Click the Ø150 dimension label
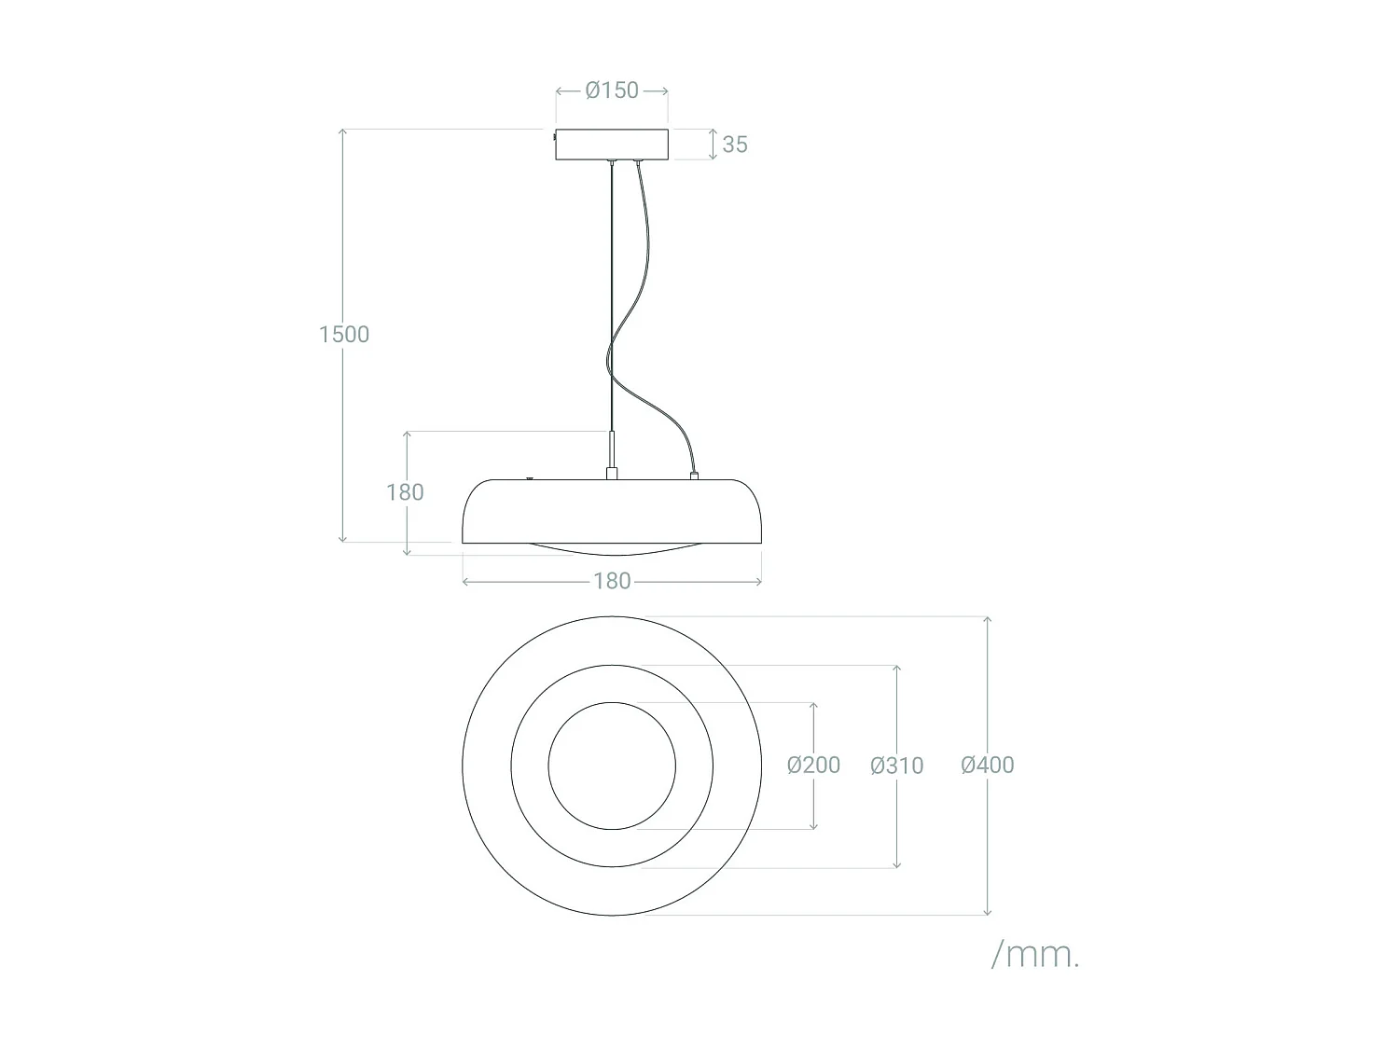click(612, 90)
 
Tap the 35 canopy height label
click(735, 145)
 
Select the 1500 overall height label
click(344, 334)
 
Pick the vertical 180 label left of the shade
click(405, 491)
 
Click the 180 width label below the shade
click(612, 581)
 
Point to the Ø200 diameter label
click(813, 765)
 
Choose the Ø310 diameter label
click(896, 766)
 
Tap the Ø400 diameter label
click(987, 765)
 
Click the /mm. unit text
click(1034, 954)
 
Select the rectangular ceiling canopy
click(612, 144)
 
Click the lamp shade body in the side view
click(612, 511)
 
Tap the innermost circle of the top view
click(612, 766)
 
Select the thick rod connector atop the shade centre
click(612, 454)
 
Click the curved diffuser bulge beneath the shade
click(612, 549)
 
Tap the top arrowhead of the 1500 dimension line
click(343, 132)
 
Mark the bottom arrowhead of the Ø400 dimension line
click(987, 910)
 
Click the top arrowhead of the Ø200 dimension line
click(813, 707)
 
